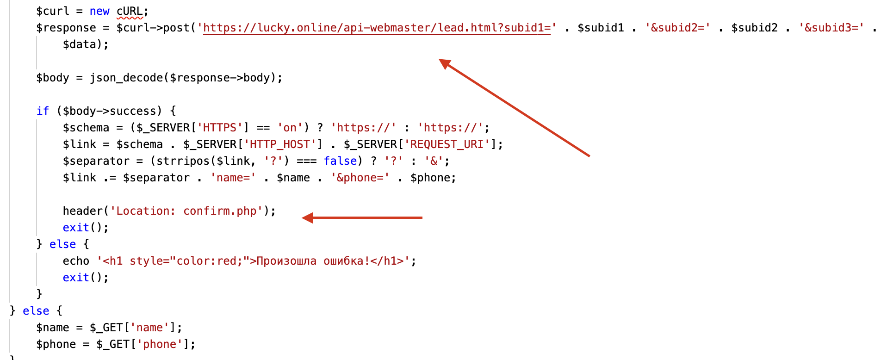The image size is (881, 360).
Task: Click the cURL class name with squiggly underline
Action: [x=130, y=11]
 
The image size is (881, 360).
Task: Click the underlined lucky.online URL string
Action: [x=377, y=28]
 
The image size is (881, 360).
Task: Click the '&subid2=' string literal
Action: [x=678, y=28]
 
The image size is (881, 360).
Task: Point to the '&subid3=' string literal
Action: [x=831, y=28]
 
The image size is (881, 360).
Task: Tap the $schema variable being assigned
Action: [x=86, y=128]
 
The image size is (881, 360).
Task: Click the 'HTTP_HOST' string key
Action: [x=279, y=144]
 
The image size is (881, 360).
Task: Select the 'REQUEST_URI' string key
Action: [x=447, y=144]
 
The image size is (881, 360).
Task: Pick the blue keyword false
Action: [x=340, y=161]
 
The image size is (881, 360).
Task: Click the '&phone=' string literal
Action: [x=360, y=178]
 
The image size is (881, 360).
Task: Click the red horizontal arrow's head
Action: [x=306, y=217]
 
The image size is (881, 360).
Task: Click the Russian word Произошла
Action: [x=286, y=261]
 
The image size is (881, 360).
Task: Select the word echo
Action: [x=76, y=261]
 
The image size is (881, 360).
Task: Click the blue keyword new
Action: [x=99, y=11]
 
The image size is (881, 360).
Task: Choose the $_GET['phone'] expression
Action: [x=146, y=344]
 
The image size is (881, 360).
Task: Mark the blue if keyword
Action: [x=43, y=111]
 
